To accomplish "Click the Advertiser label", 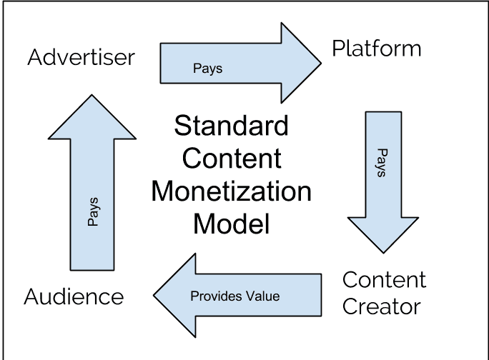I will point(81,57).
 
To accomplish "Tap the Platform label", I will point(377,49).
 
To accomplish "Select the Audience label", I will point(74,296).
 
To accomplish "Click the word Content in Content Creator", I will point(384,279).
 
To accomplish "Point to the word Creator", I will point(381,306).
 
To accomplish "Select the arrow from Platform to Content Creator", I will point(382,179).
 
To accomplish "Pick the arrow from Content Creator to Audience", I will point(236,296).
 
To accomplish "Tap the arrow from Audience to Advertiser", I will point(92,193).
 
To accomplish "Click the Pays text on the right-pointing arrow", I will point(208,69).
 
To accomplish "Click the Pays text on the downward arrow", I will point(382,164).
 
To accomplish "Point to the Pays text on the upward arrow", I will point(93,212).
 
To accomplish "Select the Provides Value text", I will point(234,296).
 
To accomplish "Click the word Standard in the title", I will point(232,126).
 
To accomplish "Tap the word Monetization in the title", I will point(232,191).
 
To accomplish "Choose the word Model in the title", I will point(232,224).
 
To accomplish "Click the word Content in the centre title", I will point(232,159).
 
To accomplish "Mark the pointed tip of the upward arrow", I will point(92,94).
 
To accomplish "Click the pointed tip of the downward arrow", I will point(383,251).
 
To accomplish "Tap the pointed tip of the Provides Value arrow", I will point(154,296).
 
